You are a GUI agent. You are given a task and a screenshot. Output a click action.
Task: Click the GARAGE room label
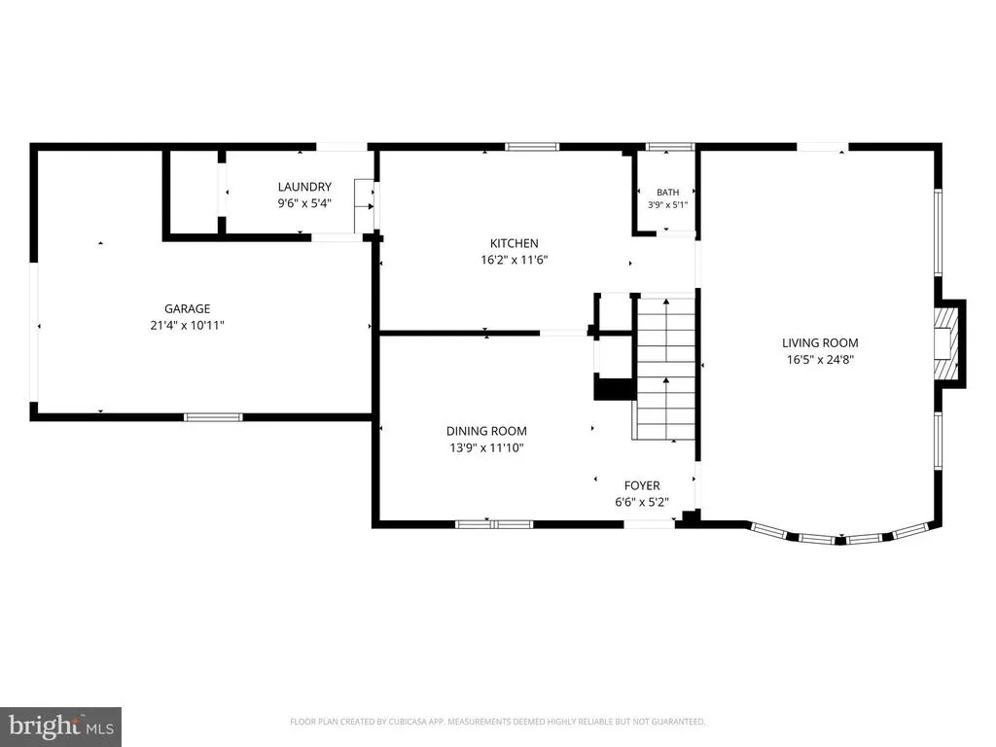[x=188, y=308]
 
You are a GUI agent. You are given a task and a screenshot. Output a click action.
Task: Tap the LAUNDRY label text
[x=304, y=187]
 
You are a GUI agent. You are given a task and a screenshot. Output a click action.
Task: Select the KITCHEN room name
[x=515, y=243]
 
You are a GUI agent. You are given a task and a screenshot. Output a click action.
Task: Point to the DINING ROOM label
[x=486, y=431]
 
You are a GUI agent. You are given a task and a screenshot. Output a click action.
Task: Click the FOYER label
[x=642, y=486]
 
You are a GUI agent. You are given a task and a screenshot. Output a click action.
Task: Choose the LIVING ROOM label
[x=820, y=343]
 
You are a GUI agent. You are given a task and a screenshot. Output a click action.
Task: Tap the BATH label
[x=667, y=193]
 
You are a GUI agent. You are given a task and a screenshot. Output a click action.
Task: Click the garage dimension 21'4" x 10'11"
[x=188, y=325]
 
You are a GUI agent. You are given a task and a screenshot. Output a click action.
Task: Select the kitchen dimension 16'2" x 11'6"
[x=515, y=260]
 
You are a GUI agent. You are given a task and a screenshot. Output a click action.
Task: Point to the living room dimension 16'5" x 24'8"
[x=820, y=360]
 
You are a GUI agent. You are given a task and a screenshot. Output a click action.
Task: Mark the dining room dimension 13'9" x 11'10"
[x=486, y=447]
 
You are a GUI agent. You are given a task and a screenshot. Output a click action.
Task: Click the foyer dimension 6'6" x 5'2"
[x=642, y=503]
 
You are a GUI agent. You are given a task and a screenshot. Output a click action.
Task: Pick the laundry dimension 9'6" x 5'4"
[x=304, y=203]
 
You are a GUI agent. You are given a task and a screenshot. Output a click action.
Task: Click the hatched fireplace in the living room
[x=944, y=343]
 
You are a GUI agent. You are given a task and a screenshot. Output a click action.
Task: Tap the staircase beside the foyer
[x=665, y=369]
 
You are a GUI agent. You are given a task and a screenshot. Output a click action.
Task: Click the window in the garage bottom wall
[x=213, y=417]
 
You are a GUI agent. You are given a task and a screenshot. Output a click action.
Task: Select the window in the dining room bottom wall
[x=495, y=524]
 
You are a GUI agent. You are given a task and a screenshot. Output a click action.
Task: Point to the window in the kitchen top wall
[x=532, y=147]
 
